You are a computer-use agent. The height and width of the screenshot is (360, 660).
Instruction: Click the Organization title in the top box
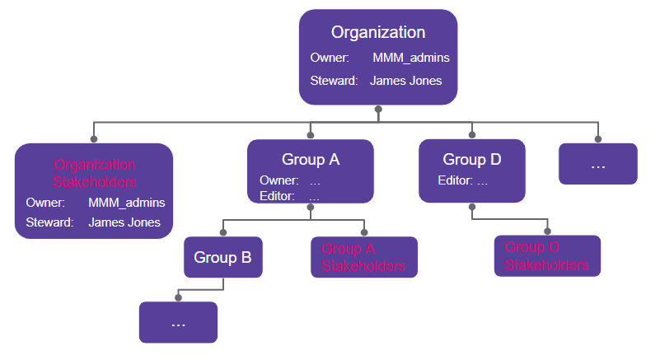[x=378, y=33]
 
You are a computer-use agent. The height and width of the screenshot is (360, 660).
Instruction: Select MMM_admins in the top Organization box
[x=410, y=58]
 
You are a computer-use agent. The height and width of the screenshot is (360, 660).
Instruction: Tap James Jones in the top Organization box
[x=405, y=81]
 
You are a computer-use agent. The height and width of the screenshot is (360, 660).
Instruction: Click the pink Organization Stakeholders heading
[x=94, y=173]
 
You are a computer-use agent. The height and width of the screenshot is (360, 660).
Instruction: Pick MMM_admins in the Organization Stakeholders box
[x=126, y=203]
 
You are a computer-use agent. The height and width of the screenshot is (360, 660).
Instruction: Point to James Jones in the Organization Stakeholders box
[x=124, y=222]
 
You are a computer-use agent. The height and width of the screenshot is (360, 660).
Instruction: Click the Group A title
[x=311, y=160]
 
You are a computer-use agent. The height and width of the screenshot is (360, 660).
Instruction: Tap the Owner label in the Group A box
[x=279, y=180]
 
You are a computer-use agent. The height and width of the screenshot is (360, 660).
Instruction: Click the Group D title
[x=471, y=160]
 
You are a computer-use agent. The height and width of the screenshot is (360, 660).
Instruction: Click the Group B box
[x=222, y=258]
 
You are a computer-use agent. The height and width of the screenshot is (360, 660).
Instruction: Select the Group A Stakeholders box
[x=363, y=258]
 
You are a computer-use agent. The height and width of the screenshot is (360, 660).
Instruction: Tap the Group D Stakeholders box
[x=546, y=256]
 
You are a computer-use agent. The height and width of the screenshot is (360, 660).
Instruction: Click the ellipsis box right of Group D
[x=597, y=164]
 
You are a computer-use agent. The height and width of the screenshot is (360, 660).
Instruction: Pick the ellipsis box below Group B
[x=178, y=322]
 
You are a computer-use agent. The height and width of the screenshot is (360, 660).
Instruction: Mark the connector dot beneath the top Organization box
[x=378, y=109]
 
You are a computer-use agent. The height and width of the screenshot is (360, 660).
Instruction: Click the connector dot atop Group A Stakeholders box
[x=364, y=233]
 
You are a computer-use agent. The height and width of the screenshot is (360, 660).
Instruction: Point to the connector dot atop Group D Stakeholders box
[x=547, y=231]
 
